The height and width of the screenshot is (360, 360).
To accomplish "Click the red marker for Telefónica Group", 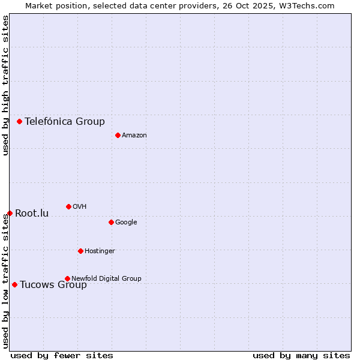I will tap(19, 121).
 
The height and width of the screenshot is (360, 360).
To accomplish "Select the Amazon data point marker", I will tap(118, 135).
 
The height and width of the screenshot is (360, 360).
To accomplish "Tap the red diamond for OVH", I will tap(68, 206).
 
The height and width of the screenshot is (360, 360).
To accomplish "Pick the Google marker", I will tap(111, 222).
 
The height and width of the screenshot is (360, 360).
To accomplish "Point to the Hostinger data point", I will tap(80, 251).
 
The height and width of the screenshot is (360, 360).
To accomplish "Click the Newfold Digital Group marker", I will tap(67, 278).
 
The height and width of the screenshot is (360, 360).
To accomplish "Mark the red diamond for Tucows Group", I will tap(14, 284).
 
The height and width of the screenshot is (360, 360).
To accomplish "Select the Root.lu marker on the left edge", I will tap(10, 213).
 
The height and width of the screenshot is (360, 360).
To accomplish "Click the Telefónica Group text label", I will tap(65, 121).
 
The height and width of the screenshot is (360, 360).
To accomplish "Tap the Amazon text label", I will tap(134, 135).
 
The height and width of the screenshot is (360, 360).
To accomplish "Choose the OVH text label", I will tap(80, 206).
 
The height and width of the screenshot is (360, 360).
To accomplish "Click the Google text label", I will tap(126, 222).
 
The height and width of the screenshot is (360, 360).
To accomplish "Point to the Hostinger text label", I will tap(100, 251).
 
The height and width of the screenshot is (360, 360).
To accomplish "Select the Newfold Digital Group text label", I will tap(106, 278).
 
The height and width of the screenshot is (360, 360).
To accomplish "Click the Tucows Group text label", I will tap(53, 284).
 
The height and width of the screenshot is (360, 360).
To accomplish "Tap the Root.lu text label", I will tap(32, 213).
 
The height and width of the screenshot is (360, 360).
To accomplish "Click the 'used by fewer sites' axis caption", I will tap(62, 355).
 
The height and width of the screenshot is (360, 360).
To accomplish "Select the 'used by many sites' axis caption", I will tap(301, 355).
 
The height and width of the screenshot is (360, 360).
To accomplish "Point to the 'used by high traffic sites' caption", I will tap(5, 85).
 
